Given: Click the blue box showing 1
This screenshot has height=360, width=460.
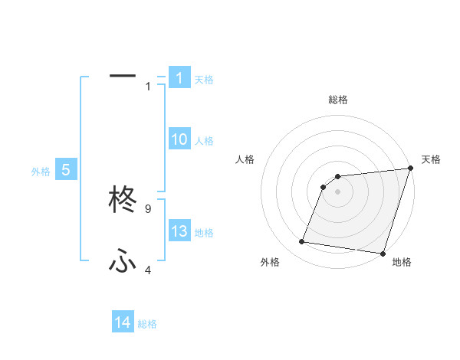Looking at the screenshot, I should [x=179, y=77].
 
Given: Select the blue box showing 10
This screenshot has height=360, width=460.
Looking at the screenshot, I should [x=179, y=139].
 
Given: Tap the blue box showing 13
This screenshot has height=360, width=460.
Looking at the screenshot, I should [x=179, y=231].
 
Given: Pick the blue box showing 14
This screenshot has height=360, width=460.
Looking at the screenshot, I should [x=123, y=322].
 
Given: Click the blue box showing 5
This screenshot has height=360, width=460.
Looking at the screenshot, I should [x=66, y=170].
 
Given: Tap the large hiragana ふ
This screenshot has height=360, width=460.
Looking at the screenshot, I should [x=123, y=262].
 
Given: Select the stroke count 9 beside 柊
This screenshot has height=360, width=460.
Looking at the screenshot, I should [x=148, y=208].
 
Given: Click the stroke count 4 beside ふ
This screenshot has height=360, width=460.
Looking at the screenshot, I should [x=148, y=270].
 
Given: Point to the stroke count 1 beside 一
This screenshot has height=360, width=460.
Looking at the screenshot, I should [x=148, y=86].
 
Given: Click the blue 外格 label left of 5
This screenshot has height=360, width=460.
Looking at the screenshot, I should [x=41, y=172].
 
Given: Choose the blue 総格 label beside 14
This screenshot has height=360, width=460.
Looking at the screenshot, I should [x=147, y=324].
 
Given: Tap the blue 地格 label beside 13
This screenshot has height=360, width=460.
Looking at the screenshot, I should [x=204, y=233].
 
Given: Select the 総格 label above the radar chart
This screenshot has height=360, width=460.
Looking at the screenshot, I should [x=337, y=100].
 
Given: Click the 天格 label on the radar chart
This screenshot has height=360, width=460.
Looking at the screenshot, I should [x=431, y=159].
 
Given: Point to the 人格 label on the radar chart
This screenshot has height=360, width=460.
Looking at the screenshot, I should [x=245, y=159].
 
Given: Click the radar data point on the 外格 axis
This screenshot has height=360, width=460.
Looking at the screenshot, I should [x=302, y=242].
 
